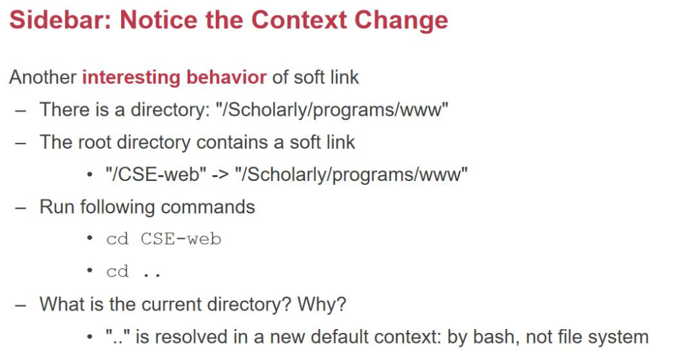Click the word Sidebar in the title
(x=60, y=20)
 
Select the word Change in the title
(x=401, y=20)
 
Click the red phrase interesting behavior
(x=174, y=77)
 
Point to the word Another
(x=43, y=77)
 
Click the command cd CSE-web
(x=164, y=239)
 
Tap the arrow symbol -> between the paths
(x=220, y=175)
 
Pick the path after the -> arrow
(x=351, y=174)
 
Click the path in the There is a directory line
(x=332, y=109)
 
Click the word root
(x=94, y=142)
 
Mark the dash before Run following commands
(x=20, y=208)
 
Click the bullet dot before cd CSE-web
(x=90, y=238)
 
